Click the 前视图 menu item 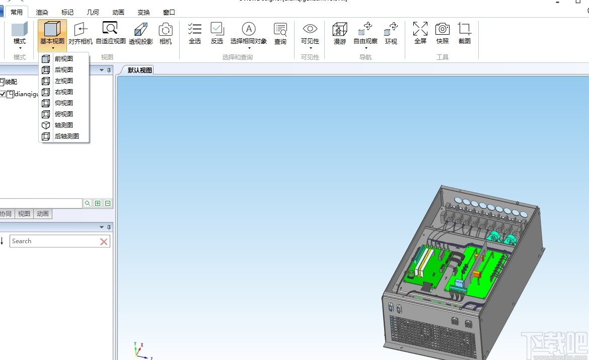(x=63, y=59)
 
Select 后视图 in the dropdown (x=63, y=70)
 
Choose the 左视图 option (x=63, y=81)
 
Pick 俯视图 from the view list (x=63, y=114)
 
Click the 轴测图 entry (x=63, y=125)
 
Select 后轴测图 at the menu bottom (x=66, y=136)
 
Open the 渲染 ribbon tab (x=42, y=12)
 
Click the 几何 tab (x=93, y=12)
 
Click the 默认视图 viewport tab (x=139, y=70)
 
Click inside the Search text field (x=53, y=241)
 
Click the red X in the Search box (x=104, y=242)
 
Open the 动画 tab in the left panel (x=43, y=214)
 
